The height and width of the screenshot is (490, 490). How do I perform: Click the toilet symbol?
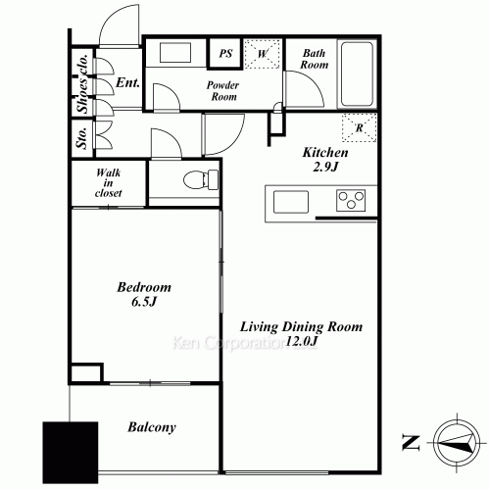pyautogui.click(x=201, y=179)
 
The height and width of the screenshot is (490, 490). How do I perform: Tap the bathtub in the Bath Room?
pyautogui.click(x=357, y=73)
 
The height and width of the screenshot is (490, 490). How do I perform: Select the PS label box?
pyautogui.click(x=225, y=53)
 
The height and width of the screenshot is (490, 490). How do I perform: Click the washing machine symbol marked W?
pyautogui.click(x=263, y=54)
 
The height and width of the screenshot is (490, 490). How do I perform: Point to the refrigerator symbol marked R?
pyautogui.click(x=360, y=127)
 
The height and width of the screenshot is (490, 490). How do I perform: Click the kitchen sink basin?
pyautogui.click(x=291, y=202)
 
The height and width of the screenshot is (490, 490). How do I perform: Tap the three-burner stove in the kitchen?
pyautogui.click(x=351, y=200)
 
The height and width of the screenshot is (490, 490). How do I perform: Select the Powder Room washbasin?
pyautogui.click(x=175, y=52)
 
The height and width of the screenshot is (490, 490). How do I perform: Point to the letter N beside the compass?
pyautogui.click(x=411, y=443)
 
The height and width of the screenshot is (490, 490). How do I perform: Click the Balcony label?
pyautogui.click(x=152, y=427)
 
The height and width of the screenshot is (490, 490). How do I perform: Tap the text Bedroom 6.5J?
pyautogui.click(x=144, y=294)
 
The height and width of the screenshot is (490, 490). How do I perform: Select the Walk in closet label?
pyautogui.click(x=108, y=183)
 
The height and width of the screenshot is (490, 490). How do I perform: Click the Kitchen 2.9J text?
pyautogui.click(x=325, y=160)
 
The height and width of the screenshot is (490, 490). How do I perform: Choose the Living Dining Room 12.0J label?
pyautogui.click(x=301, y=333)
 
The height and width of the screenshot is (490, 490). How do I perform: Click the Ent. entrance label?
pyautogui.click(x=127, y=82)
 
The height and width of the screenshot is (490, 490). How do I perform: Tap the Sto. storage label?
pyautogui.click(x=81, y=138)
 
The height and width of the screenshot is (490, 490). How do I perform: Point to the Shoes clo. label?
pyautogui.click(x=82, y=84)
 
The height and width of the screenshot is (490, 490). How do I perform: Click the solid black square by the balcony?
pyautogui.click(x=71, y=453)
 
